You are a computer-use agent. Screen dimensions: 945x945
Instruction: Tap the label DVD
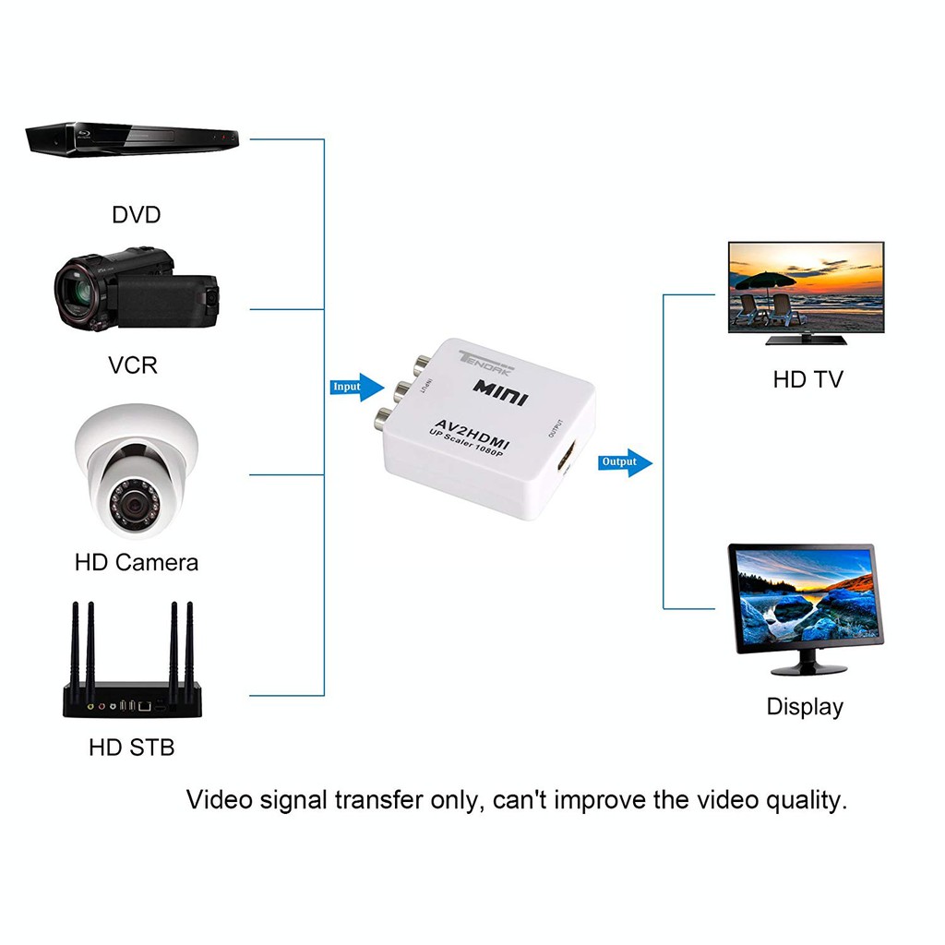coord(136,215)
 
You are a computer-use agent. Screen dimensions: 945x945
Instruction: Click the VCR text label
coord(133,365)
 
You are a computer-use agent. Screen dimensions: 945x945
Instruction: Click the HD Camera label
coord(137,561)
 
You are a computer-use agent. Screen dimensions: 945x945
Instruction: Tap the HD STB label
coord(131,746)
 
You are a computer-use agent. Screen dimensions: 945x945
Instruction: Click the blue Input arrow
coord(356,387)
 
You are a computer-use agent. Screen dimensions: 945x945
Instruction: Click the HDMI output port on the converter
coord(565,459)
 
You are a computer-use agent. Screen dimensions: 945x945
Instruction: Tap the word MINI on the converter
coord(500,390)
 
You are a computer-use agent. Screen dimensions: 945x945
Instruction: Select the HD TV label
coord(807,379)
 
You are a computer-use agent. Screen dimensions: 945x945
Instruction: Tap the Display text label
coord(805,707)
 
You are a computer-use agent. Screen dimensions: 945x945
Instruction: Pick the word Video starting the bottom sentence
coord(219,799)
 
